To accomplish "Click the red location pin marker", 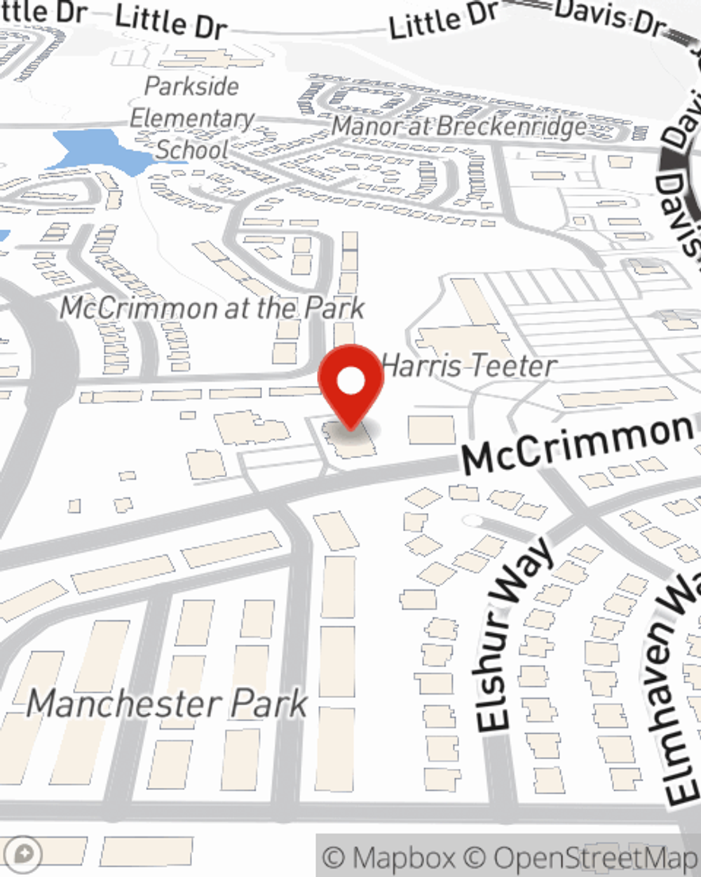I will point(350,386).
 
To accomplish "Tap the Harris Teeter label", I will point(469,366).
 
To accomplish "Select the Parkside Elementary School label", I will point(191,118).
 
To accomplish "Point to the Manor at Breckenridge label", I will point(459,127).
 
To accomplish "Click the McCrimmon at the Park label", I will point(212,308).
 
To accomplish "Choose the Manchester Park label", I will point(168,704).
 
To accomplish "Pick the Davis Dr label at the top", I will point(608,18).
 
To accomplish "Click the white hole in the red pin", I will point(350,381).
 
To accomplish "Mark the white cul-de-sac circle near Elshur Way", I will point(473,521).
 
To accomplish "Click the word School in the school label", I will point(192,149).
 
